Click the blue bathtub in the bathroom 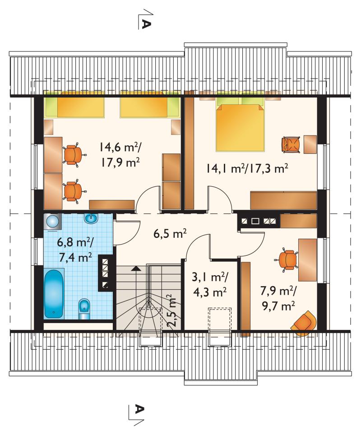pos(54,293)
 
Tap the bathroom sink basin pos(91,219)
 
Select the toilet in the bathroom pos(84,309)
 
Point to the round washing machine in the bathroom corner pos(52,222)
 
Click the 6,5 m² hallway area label pos(170,234)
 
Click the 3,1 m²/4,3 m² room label pos(210,284)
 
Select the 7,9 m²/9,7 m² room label pos(278,298)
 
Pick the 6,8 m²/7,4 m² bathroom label pos(75,250)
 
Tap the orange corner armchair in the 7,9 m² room pos(304,324)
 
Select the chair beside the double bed pos(292,144)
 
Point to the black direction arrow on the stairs pos(136,268)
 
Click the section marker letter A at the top pos(146,24)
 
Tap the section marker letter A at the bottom pos(139,409)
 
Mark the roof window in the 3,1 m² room pos(220,327)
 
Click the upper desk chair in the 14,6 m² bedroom pos(74,154)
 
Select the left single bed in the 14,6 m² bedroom pos(74,104)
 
